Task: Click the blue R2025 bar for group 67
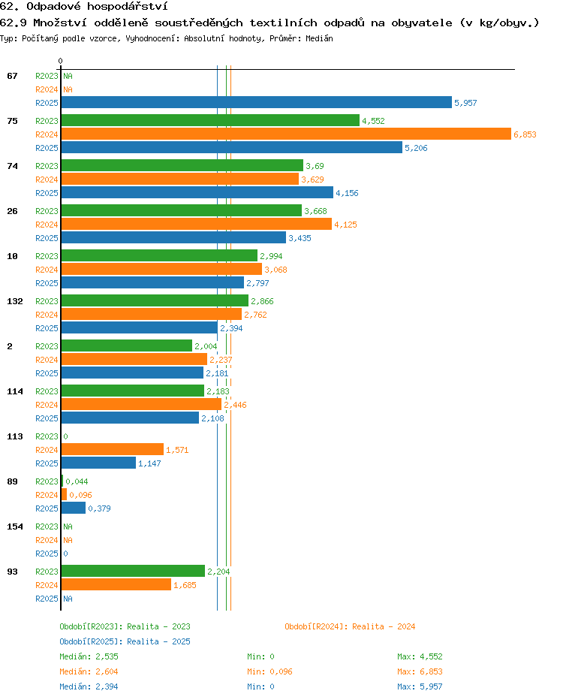coord(257,102)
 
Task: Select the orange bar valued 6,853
coord(287,134)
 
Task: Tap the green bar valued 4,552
coord(211,120)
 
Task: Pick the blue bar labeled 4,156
coord(197,192)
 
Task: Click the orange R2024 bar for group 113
coord(113,449)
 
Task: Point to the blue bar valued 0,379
coord(74,508)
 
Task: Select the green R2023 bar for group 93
coord(134,571)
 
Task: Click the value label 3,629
coord(313,180)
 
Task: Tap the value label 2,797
coord(258,283)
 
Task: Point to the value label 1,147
coord(149,463)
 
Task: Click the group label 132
coord(15,301)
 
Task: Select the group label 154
coord(15,527)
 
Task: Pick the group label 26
coord(13,211)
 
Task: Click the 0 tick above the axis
coord(61,61)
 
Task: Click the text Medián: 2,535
coord(89,656)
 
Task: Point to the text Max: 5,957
coord(420,686)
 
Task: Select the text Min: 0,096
coord(270,671)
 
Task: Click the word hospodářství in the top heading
coord(128,6)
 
